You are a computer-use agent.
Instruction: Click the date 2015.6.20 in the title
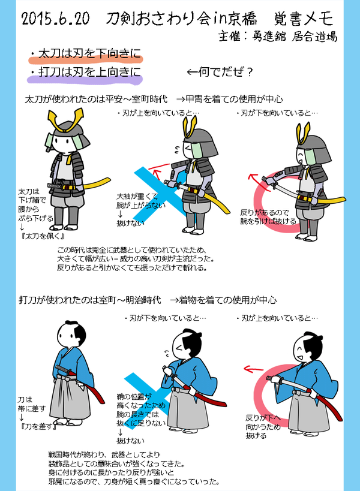click(x=55, y=19)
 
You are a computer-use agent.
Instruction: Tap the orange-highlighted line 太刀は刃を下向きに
click(x=89, y=53)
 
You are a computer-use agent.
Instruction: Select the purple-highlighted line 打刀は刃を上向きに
click(x=89, y=72)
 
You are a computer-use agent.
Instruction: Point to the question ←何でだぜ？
click(x=220, y=72)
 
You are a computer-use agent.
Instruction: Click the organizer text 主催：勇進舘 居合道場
click(x=278, y=37)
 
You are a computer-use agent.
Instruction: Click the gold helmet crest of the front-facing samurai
click(x=66, y=118)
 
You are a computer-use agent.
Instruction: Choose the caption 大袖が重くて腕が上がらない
click(x=140, y=201)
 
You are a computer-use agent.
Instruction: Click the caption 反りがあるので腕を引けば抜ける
click(x=268, y=216)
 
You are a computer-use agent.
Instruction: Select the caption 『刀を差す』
click(x=38, y=426)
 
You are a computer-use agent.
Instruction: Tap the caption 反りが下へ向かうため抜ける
click(x=263, y=426)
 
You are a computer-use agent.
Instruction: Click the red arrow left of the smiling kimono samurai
click(x=253, y=369)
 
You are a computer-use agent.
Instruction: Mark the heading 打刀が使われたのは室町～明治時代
click(x=90, y=300)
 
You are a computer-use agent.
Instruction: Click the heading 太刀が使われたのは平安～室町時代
click(x=96, y=100)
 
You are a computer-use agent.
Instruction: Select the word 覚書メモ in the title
click(x=303, y=19)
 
